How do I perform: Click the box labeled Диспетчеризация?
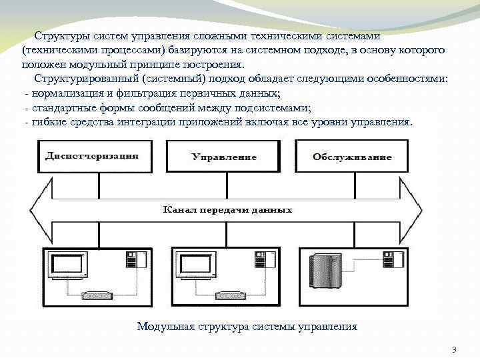click(x=92, y=157)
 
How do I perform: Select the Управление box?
click(x=224, y=157)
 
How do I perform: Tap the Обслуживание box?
click(x=352, y=157)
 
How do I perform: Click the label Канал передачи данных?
click(x=228, y=210)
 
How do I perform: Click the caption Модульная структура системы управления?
click(x=247, y=327)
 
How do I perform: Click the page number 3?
click(x=454, y=350)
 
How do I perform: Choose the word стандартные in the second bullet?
click(x=61, y=108)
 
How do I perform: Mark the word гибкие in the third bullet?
click(x=48, y=123)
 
